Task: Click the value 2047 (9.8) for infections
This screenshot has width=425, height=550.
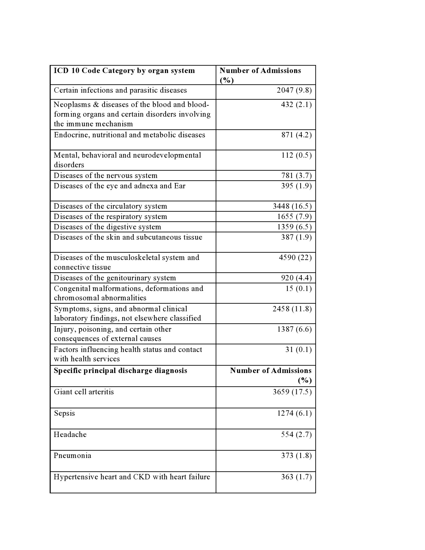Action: (294, 90)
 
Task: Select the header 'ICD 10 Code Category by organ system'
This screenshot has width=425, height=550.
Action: (124, 71)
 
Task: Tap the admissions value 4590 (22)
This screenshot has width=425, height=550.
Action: (295, 258)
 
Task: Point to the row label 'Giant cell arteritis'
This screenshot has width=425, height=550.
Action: (84, 392)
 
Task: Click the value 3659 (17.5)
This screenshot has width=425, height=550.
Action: (292, 392)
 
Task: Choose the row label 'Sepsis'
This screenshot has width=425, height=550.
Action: (64, 413)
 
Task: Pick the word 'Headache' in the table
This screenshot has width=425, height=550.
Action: (70, 435)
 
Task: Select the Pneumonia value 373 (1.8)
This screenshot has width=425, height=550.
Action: (296, 456)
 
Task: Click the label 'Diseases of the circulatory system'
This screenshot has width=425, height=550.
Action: (110, 206)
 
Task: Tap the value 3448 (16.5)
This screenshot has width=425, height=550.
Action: (292, 206)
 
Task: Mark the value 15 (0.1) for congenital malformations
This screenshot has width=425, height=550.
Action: (298, 289)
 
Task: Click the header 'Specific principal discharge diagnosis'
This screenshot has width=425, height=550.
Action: (120, 371)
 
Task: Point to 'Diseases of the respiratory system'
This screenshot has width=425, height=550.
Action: (110, 217)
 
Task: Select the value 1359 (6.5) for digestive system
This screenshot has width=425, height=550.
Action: (294, 227)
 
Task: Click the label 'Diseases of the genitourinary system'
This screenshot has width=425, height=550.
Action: (115, 278)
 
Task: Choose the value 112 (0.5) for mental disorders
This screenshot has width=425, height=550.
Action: (296, 155)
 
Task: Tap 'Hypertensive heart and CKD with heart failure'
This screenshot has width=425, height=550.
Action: (132, 477)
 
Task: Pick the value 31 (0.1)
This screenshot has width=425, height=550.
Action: (298, 350)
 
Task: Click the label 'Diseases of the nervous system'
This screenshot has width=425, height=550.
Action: (105, 176)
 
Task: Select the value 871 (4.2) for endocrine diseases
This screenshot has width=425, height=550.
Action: (296, 135)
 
